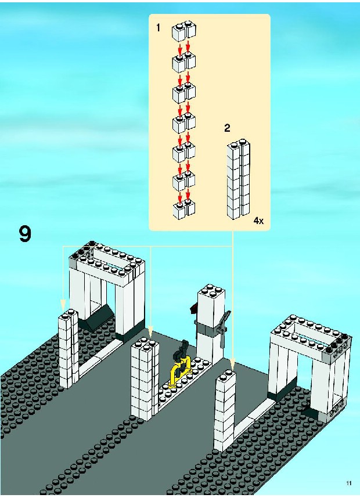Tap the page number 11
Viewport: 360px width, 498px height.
348,483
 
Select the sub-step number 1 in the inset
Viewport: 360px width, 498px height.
158,27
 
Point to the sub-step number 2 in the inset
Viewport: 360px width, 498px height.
228,129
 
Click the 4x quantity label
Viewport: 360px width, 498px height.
258,221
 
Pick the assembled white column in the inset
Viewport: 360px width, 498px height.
238,181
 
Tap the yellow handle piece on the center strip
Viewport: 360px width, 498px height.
180,371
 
